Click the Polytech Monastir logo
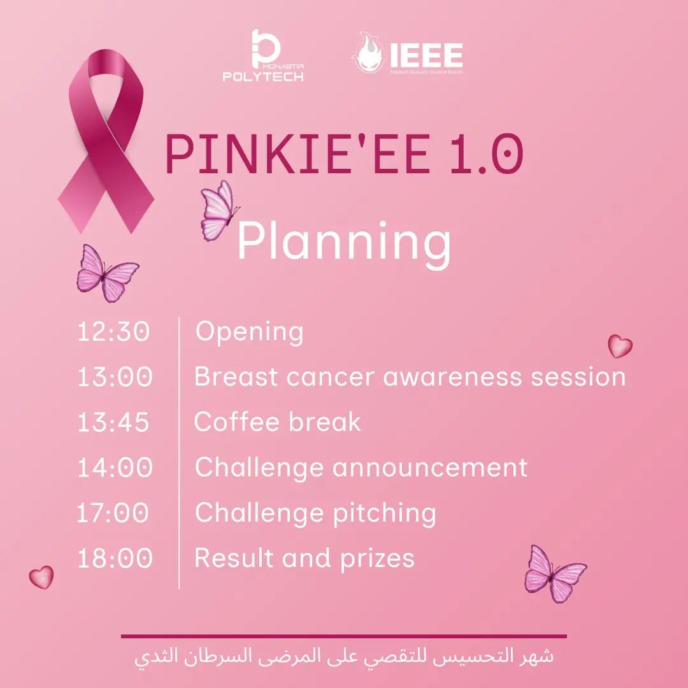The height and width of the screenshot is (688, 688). click(x=263, y=55)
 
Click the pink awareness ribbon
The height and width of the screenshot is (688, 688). click(x=106, y=141)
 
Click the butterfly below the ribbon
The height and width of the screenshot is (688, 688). click(x=106, y=273)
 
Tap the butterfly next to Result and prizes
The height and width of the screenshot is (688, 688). click(x=555, y=574)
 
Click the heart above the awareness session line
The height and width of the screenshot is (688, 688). click(x=620, y=346)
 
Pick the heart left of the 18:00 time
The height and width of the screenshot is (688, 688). click(x=41, y=577)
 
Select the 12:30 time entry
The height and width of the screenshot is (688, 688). click(x=113, y=331)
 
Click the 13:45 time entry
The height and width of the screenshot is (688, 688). click(x=113, y=422)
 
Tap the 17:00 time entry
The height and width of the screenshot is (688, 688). click(x=112, y=512)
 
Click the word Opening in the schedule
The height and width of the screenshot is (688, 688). click(x=249, y=332)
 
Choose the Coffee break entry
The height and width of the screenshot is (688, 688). click(x=277, y=422)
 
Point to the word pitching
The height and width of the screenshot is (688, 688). click(x=384, y=513)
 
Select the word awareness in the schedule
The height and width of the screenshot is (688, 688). click(x=452, y=377)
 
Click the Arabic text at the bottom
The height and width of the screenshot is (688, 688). click(x=344, y=657)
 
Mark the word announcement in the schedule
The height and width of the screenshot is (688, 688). click(x=429, y=468)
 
